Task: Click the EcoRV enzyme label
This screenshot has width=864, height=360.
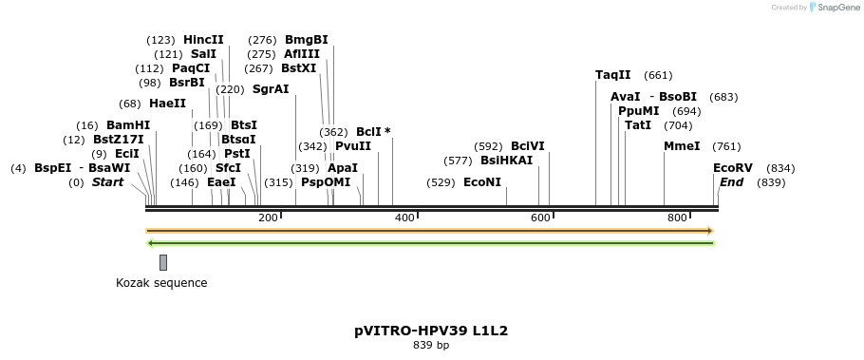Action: click(x=732, y=168)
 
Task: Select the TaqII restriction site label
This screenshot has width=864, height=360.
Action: click(x=612, y=75)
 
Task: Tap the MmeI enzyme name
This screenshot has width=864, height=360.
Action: click(x=682, y=146)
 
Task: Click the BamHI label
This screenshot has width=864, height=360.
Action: click(x=128, y=125)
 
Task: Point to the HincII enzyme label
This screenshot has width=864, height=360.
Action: click(x=203, y=40)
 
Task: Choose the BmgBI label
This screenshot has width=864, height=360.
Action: click(x=306, y=40)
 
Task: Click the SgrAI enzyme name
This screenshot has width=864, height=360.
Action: click(x=271, y=89)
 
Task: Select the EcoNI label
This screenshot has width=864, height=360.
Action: click(x=481, y=182)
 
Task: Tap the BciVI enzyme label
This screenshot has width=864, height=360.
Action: click(x=528, y=146)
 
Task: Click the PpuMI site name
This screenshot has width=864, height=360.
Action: click(x=638, y=111)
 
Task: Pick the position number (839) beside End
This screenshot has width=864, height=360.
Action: click(x=771, y=182)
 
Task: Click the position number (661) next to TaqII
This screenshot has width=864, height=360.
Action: click(x=658, y=75)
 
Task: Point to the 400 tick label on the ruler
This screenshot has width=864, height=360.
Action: click(x=404, y=218)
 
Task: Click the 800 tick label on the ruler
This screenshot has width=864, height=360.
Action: click(x=677, y=218)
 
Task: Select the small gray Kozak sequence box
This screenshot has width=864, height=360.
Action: click(x=163, y=262)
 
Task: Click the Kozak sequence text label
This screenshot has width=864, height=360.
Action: click(x=161, y=283)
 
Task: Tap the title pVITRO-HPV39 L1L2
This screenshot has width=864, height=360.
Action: click(x=431, y=332)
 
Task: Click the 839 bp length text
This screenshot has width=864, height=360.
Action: click(x=431, y=346)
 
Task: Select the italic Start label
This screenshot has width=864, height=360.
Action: click(x=107, y=182)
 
